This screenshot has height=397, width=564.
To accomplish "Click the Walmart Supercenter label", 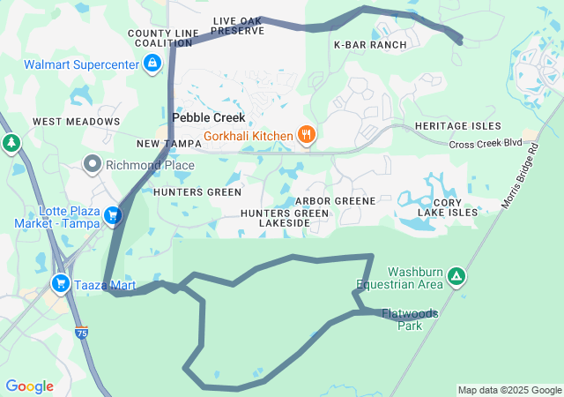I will (81, 64).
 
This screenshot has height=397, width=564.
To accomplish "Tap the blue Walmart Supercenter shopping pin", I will (152, 64).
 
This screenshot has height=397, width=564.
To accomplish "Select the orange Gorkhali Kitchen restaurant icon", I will (306, 135).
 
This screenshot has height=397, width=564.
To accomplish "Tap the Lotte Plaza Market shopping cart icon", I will (112, 215).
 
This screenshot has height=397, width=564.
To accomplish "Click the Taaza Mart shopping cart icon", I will (61, 283).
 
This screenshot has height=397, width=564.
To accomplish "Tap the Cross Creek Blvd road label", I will (486, 144).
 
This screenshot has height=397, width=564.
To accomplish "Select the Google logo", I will (29, 386).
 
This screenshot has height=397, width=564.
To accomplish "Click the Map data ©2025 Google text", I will (508, 390).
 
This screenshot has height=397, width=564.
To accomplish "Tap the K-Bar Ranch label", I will (370, 44).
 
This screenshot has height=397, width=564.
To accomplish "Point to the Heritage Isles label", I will (457, 126).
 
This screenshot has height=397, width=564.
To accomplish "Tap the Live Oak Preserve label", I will (238, 25).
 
